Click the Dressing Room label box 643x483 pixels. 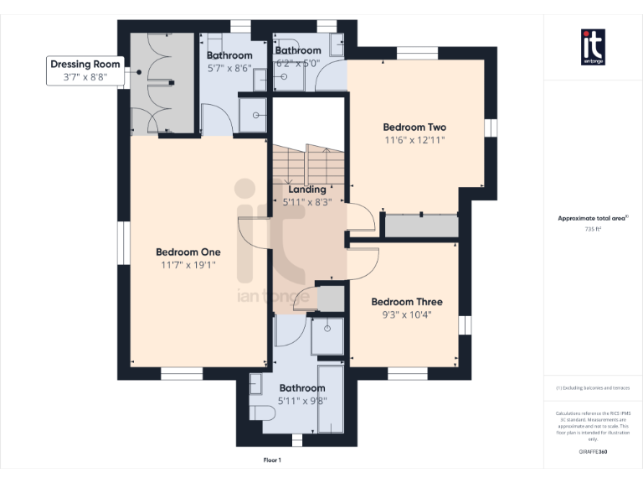[x=85, y=70]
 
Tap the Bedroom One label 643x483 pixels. [x=188, y=252]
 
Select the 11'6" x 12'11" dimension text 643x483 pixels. [x=414, y=140]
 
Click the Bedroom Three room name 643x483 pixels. [x=407, y=302]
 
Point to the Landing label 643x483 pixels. [x=306, y=190]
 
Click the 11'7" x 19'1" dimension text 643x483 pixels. [x=188, y=265]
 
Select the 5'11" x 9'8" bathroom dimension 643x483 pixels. [x=302, y=401]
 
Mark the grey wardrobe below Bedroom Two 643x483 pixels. [x=421, y=226]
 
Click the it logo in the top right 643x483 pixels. [x=593, y=46]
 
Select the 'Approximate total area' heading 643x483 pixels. [x=592, y=218]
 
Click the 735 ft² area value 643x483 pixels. [x=593, y=229]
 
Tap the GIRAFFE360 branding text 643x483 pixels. [x=593, y=452]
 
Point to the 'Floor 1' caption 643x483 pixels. [x=272, y=460]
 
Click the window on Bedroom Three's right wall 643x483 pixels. [x=462, y=325]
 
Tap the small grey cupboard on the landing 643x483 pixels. [x=332, y=298]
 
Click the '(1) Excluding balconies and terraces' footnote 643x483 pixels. [x=593, y=388]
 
